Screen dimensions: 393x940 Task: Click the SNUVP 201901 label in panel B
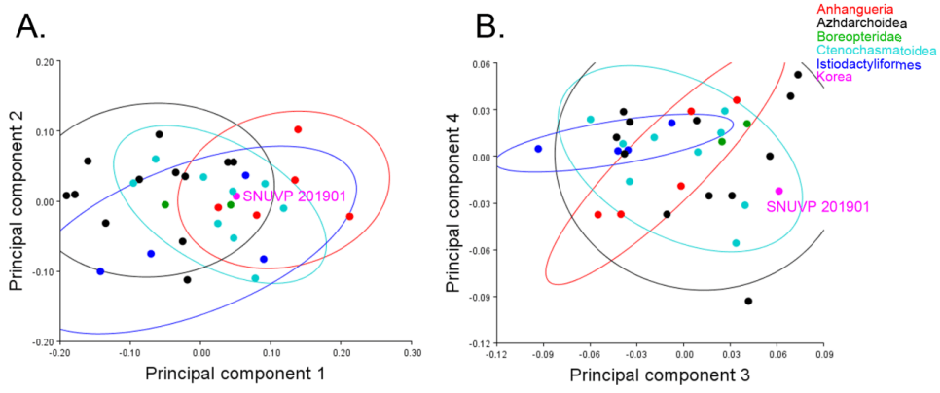(x=815, y=206)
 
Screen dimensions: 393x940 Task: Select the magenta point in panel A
(x=236, y=196)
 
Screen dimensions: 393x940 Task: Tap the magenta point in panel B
(x=778, y=192)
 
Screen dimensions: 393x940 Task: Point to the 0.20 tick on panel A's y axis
(x=43, y=62)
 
